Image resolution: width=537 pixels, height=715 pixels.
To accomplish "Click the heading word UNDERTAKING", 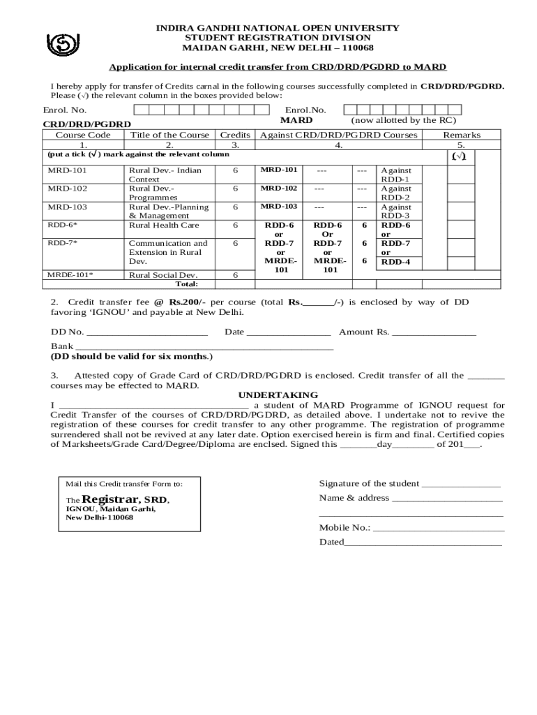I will (278, 395).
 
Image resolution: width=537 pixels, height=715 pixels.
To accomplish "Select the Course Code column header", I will (83, 135).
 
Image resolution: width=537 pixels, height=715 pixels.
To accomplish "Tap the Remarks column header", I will (462, 135).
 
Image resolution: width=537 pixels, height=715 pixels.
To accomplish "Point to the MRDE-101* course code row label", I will (70, 275).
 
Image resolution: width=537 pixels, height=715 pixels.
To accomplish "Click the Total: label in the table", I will (186, 284).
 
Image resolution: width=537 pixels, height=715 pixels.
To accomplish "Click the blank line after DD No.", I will (147, 332).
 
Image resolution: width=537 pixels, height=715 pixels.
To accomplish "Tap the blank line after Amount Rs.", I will (434, 332).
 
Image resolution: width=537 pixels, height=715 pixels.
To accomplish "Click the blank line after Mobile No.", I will (437, 529).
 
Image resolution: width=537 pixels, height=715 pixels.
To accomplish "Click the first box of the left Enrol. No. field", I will (139, 110).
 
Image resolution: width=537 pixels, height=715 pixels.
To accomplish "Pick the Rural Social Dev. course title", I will (163, 275).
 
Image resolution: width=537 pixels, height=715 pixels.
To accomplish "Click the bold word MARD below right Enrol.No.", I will (296, 120).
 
